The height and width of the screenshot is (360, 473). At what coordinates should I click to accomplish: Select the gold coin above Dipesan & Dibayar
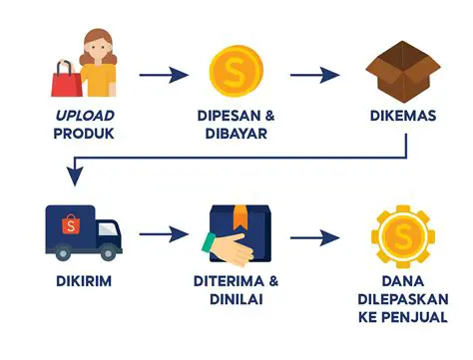tap(236, 71)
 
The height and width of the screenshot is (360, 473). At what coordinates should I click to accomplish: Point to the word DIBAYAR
tap(236, 134)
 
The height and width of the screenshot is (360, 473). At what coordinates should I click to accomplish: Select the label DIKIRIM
tap(83, 280)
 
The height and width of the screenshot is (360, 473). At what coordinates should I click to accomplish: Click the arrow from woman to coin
tap(163, 74)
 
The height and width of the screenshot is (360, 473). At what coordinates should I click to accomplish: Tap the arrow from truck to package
tap(164, 236)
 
